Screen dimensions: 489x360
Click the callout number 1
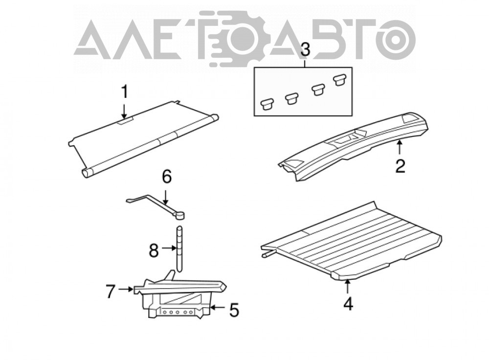(124, 92)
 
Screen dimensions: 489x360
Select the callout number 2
(400, 166)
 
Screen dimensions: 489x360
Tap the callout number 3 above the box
(305, 50)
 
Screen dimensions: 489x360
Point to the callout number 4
(348, 304)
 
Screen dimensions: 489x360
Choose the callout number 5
(234, 310)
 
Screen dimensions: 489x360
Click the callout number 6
(167, 177)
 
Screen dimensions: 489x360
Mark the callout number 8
(154, 250)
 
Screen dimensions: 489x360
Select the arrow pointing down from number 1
(124, 111)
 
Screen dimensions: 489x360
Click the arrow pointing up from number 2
(400, 148)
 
